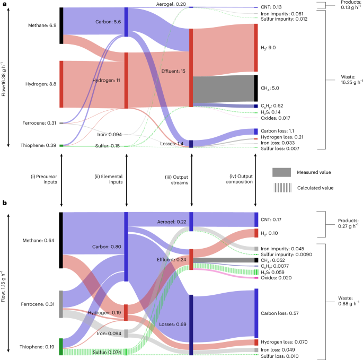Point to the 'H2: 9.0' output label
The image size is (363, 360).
pyautogui.click(x=269, y=48)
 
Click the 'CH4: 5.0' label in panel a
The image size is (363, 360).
pyautogui.click(x=270, y=89)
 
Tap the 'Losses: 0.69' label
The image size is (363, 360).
pyautogui.click(x=171, y=323)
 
